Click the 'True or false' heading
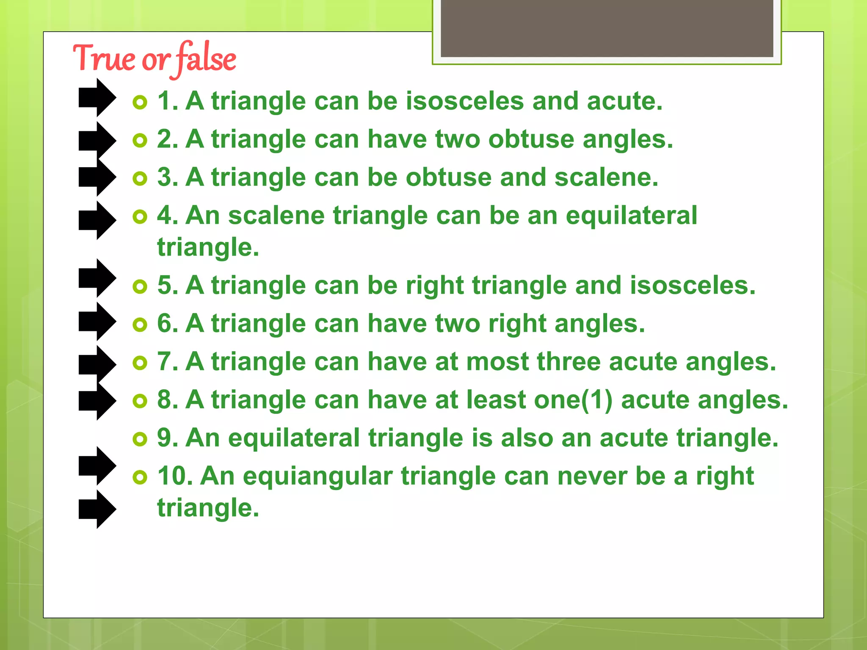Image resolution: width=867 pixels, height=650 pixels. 155,59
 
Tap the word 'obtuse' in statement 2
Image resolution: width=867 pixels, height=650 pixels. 531,139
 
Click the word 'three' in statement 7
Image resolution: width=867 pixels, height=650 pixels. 569,362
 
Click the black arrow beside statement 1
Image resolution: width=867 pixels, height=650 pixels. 97,98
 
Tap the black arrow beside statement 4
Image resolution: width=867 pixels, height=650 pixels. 97,220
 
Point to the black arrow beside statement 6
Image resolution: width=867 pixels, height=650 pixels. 97,322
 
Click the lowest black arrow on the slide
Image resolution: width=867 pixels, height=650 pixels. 97,510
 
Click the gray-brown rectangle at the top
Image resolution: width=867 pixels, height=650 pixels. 607,28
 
